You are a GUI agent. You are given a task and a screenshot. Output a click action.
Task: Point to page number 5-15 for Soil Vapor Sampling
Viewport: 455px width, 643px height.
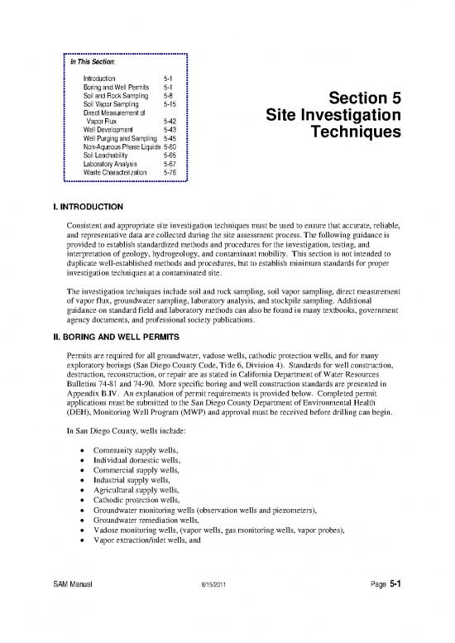coord(170,103)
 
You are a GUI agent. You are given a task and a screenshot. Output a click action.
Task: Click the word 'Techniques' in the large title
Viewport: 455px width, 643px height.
coord(352,132)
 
